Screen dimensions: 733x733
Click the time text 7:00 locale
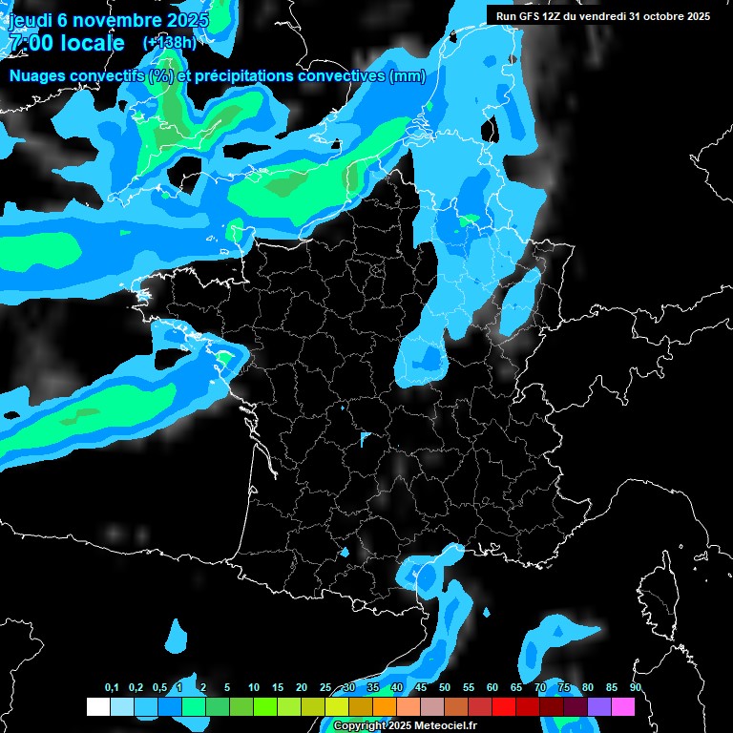(x=66, y=43)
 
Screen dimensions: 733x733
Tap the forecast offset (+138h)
(x=169, y=43)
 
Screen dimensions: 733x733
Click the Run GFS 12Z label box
(x=603, y=15)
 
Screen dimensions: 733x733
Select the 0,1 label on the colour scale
(x=112, y=688)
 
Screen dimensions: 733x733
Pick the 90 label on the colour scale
(x=636, y=688)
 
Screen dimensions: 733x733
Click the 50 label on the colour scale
(x=445, y=688)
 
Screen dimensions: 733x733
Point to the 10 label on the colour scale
(x=253, y=688)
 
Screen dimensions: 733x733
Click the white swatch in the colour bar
(x=97, y=706)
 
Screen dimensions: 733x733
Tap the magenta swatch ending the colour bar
(x=623, y=706)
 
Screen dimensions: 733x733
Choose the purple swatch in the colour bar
(x=599, y=706)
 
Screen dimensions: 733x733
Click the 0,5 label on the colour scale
(x=159, y=688)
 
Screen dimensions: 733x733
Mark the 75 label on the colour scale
(x=564, y=688)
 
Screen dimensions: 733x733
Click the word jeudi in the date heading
(x=29, y=18)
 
